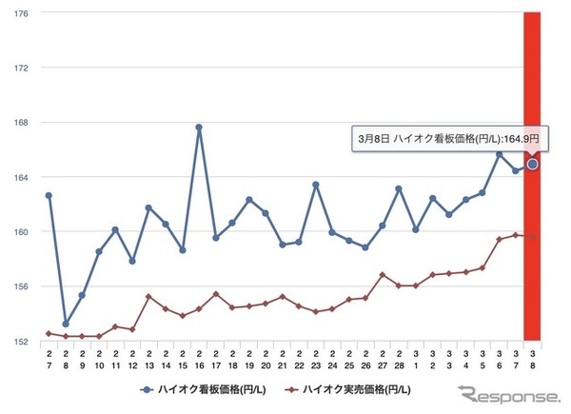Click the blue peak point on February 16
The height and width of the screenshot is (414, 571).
pos(199,127)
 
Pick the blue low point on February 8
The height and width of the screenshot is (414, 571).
pos(66,324)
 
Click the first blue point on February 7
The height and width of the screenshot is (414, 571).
pos(49,195)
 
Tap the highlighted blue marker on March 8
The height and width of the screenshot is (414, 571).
pos(533,164)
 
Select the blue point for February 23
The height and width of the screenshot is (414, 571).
pos(316,185)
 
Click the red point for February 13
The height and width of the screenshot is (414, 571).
pos(148,296)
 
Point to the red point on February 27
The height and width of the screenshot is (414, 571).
pos(383,275)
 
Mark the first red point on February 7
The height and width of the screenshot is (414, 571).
pos(49,333)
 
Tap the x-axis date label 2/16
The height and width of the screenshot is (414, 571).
pos(199,358)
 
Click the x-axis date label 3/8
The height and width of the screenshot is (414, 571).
pos(533,358)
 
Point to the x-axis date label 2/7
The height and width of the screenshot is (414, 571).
pos(49,358)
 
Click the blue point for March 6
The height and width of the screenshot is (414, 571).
pos(499,154)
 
